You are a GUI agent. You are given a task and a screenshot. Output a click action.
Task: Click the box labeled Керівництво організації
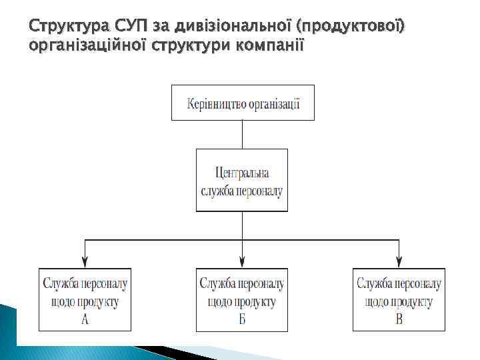(x=243, y=103)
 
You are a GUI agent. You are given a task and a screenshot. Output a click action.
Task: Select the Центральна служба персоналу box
(x=242, y=180)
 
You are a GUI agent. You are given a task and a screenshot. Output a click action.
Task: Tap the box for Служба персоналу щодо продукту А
(x=85, y=299)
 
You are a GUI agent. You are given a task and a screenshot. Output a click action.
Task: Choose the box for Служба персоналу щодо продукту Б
(x=242, y=299)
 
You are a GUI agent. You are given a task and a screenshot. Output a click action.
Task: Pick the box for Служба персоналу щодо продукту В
(x=399, y=299)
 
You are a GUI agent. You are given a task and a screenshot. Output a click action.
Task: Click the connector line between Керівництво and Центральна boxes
(x=242, y=134)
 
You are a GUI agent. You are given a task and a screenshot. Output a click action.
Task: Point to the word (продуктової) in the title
(x=352, y=27)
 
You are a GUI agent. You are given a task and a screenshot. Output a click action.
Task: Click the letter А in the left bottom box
(x=85, y=319)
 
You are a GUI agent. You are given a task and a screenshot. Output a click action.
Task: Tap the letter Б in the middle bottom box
(x=242, y=319)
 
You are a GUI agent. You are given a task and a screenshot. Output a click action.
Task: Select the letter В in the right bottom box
(x=399, y=319)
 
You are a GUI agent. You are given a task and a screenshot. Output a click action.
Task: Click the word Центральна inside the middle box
(x=242, y=173)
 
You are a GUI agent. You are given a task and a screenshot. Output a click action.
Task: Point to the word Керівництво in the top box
(x=217, y=103)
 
